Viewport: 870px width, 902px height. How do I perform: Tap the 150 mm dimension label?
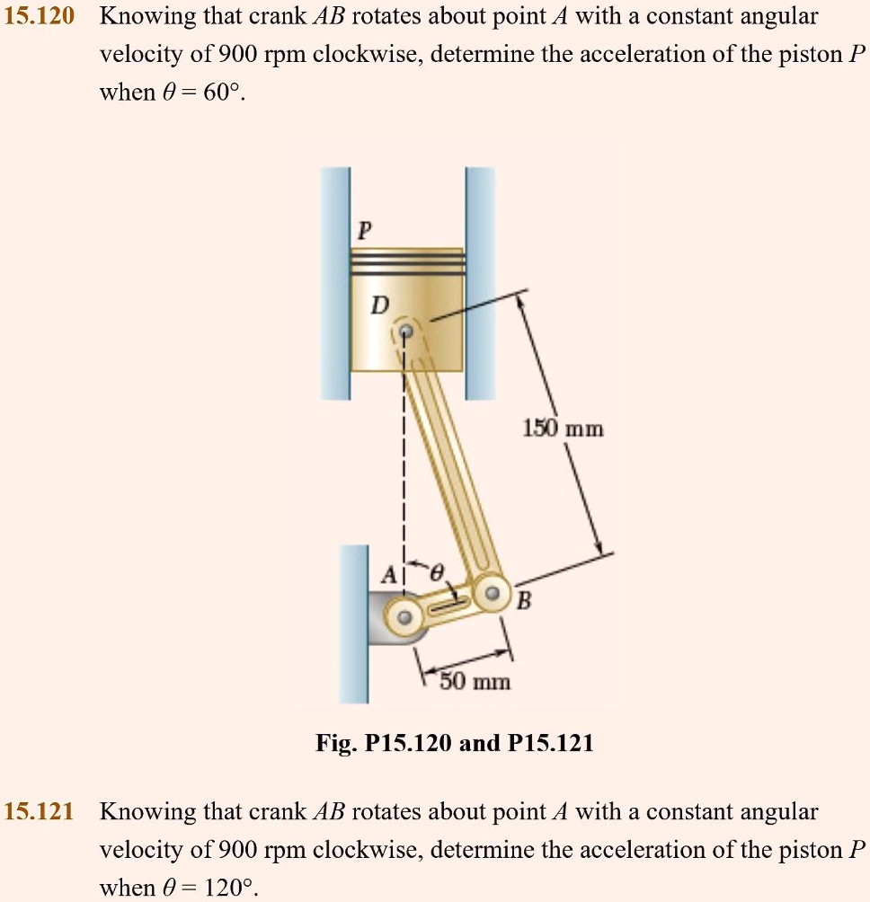coord(564,429)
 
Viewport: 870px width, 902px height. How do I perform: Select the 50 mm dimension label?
coord(475,682)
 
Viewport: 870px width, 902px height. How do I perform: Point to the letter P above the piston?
coord(362,230)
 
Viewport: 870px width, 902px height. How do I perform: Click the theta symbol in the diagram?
coord(438,572)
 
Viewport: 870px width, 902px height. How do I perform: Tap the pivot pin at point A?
coord(404,617)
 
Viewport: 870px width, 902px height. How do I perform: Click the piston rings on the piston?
coord(407,262)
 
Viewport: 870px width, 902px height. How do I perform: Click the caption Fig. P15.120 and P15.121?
coord(454,744)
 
